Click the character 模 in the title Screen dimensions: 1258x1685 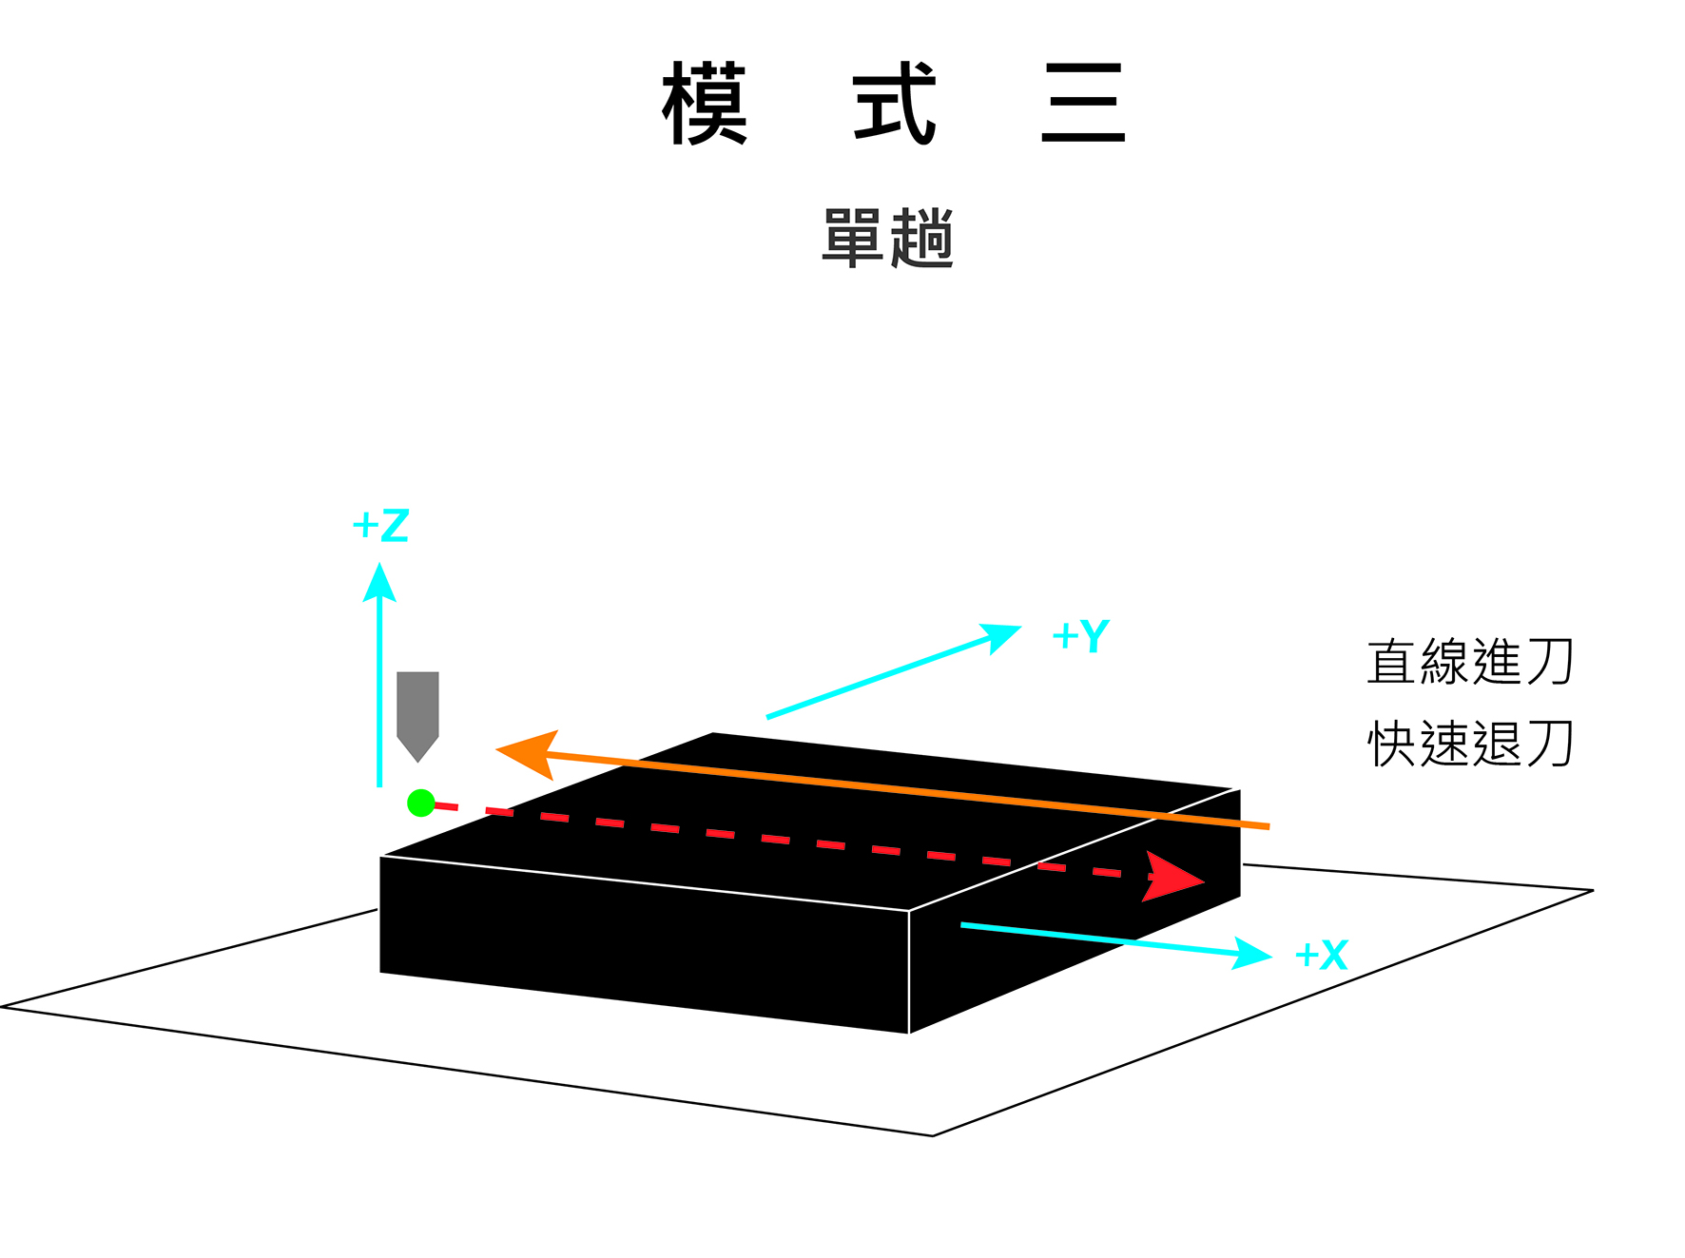(x=705, y=103)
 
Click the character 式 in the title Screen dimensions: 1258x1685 (x=894, y=103)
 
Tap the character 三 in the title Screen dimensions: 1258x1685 (x=1083, y=103)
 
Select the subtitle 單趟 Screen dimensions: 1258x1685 (x=887, y=238)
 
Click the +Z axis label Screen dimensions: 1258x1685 (x=380, y=526)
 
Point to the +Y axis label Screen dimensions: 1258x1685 (x=1081, y=636)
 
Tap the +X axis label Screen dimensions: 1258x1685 (x=1322, y=955)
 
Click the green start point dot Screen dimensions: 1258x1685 (x=420, y=803)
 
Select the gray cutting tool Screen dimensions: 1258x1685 (x=417, y=708)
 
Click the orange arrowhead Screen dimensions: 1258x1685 (x=526, y=754)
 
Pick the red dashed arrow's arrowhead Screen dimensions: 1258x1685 (x=1173, y=877)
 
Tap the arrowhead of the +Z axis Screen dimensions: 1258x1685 (x=379, y=583)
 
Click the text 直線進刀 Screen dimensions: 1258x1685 (x=1470, y=662)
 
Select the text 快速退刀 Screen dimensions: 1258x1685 (x=1470, y=744)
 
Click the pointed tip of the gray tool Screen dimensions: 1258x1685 (x=417, y=761)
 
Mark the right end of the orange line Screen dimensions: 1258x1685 (x=1268, y=826)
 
